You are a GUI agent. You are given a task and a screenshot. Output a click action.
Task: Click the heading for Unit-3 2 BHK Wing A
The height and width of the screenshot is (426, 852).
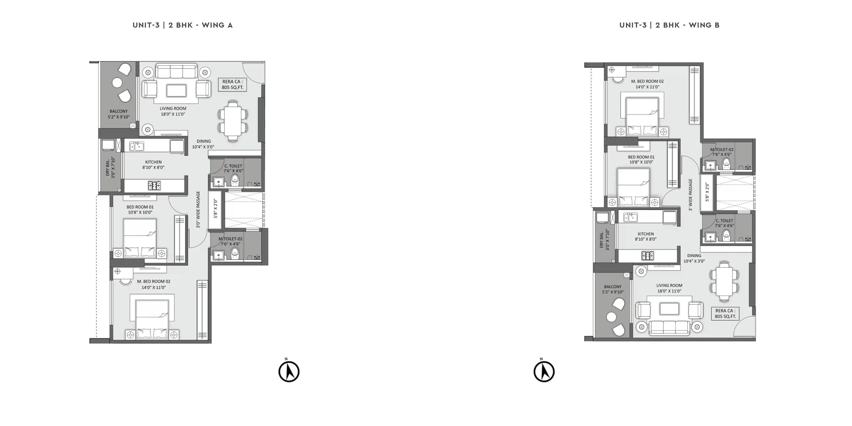point(182,25)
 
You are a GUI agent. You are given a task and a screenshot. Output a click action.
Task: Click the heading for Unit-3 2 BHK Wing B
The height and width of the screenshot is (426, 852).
point(669,25)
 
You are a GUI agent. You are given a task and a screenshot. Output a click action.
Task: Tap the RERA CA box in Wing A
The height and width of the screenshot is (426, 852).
point(233,85)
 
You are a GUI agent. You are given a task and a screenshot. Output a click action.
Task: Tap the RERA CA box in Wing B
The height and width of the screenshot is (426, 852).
point(725,314)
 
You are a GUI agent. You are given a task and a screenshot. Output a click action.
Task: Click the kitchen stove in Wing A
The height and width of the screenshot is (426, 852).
point(154,185)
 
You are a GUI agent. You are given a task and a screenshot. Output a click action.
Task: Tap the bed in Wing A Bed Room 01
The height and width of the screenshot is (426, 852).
point(140,238)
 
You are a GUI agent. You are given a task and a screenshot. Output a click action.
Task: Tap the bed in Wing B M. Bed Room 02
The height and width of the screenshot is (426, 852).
point(642,116)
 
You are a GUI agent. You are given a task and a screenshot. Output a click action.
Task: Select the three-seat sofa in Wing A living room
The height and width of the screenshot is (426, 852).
point(176,71)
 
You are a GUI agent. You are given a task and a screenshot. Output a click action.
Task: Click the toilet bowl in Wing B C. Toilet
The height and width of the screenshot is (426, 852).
point(726,235)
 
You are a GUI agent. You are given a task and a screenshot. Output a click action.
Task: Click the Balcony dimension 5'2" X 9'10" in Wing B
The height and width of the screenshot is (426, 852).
point(613,292)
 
